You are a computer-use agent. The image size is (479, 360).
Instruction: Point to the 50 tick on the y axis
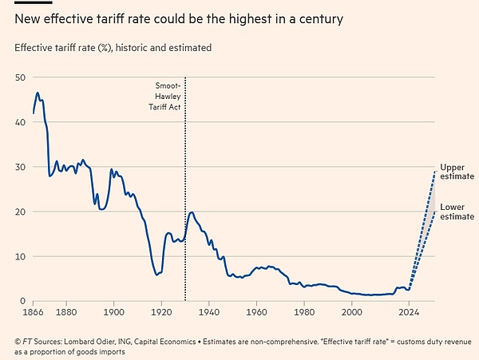[19, 77]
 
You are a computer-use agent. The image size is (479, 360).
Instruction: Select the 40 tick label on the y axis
[19, 121]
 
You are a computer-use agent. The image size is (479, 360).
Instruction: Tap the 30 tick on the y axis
[19, 166]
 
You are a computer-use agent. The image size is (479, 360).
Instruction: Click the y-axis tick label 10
[19, 255]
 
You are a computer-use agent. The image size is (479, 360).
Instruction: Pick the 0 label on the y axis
[22, 300]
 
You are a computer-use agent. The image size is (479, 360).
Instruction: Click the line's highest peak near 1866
[38, 93]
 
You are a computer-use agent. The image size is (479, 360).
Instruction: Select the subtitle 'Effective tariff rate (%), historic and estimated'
[113, 48]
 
